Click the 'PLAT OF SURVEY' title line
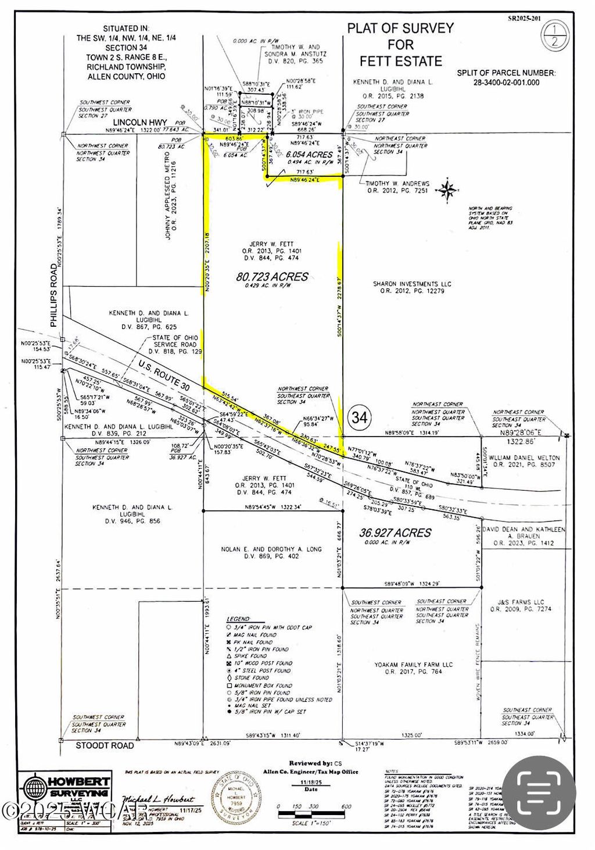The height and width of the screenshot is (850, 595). tap(400, 28)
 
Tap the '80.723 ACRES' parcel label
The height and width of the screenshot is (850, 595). tap(272, 277)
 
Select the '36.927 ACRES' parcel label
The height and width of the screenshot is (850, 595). tap(395, 533)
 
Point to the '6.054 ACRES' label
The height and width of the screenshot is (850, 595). tap(310, 155)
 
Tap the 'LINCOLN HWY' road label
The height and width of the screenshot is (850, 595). tap(140, 123)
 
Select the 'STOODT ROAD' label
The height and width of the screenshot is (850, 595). tap(105, 745)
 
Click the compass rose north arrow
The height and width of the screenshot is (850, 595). tap(447, 190)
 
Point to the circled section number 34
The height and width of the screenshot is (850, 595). tap(360, 417)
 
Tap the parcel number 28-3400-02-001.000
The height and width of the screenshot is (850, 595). tap(506, 83)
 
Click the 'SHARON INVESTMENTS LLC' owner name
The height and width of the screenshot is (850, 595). tap(412, 284)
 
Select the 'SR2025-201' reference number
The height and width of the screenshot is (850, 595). tap(524, 18)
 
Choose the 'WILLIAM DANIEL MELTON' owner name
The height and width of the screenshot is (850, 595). tap(524, 458)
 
